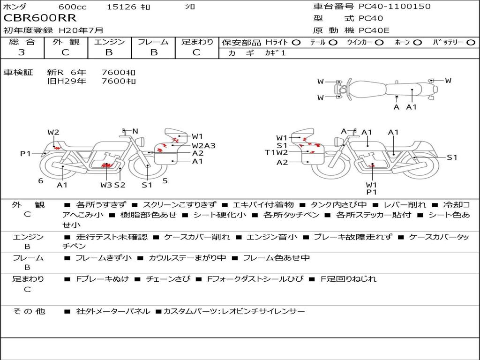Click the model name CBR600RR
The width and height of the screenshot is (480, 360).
[40, 18]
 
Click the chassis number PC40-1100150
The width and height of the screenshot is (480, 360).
[395, 6]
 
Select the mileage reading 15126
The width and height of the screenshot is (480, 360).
[121, 7]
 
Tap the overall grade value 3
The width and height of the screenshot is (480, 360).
[22, 52]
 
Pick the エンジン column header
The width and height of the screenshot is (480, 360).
[109, 42]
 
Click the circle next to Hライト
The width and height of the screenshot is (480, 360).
[296, 43]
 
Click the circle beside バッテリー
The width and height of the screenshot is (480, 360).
[471, 43]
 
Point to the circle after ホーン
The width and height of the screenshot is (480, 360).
[418, 43]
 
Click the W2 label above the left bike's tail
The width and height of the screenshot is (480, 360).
[53, 132]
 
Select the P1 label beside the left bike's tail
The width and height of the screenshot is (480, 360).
[26, 153]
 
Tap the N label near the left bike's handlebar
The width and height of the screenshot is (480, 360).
[135, 131]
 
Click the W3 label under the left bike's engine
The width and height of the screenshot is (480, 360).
[106, 185]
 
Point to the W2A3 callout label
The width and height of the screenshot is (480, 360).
[203, 146]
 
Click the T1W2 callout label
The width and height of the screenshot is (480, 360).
[277, 152]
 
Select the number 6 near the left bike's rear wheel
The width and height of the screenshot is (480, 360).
[41, 181]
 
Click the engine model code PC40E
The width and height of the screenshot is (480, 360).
[374, 30]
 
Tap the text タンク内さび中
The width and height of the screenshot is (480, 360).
[338, 204]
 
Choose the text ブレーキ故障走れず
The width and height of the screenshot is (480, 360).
[352, 237]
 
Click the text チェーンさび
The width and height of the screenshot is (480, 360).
[168, 279]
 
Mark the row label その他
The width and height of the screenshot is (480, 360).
[29, 311]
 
